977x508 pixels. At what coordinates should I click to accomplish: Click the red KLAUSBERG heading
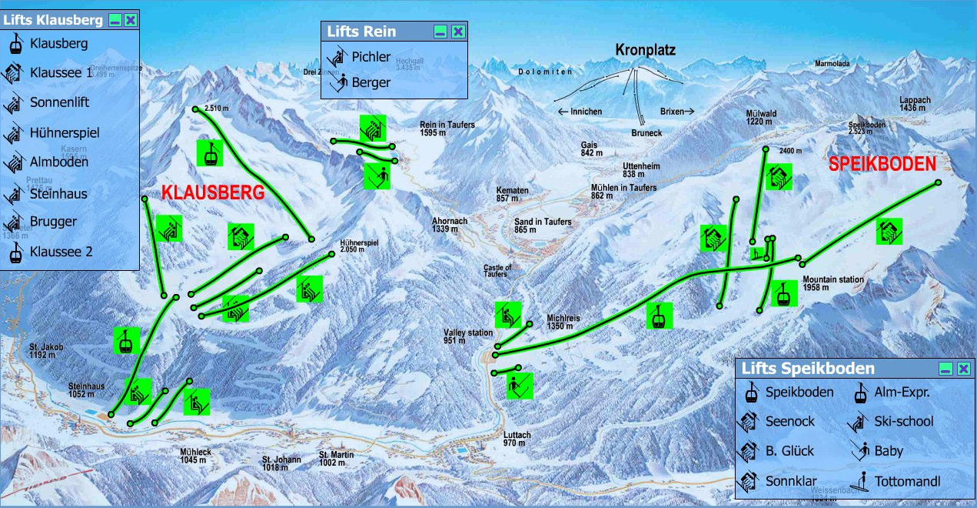212,193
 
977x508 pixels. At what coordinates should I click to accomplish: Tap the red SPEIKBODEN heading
882,164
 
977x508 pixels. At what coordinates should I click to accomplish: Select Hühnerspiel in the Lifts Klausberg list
65,133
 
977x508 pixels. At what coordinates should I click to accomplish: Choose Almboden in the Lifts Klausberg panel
59,162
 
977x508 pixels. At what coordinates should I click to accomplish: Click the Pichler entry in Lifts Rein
371,56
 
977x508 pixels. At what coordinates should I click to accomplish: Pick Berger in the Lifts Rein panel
371,82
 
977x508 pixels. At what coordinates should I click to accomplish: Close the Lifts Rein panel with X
458,32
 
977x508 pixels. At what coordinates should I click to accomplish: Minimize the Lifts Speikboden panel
945,369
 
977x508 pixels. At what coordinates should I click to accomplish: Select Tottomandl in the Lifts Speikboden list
906,482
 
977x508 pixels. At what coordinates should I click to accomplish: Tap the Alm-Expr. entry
902,393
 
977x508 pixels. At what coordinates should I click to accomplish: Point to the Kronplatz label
645,51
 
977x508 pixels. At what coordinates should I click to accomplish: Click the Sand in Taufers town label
543,226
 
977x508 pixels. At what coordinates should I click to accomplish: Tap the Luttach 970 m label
517,439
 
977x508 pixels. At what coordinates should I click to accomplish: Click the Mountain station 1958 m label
832,283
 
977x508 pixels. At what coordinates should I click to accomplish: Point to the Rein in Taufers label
447,128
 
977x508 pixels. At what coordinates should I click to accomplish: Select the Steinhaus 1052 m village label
86,389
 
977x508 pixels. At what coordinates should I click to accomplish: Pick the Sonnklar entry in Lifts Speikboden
790,482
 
